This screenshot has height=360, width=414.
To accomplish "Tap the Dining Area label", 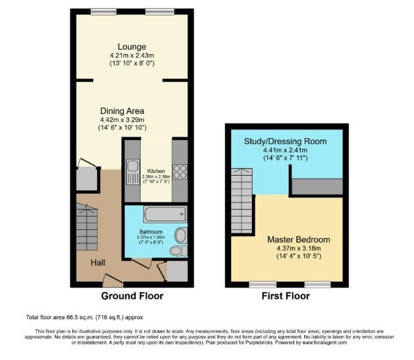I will [123, 111].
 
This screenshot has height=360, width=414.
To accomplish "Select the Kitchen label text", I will [155, 170].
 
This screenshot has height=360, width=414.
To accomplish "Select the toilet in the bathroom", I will [177, 250].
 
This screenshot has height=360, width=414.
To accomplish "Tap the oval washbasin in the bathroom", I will [181, 235].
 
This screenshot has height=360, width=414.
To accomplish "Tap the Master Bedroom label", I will [299, 239].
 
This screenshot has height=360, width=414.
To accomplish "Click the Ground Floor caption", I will [132, 296].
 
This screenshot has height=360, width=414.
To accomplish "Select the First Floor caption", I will [285, 296].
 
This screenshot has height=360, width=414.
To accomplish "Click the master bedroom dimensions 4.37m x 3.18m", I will [299, 249].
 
